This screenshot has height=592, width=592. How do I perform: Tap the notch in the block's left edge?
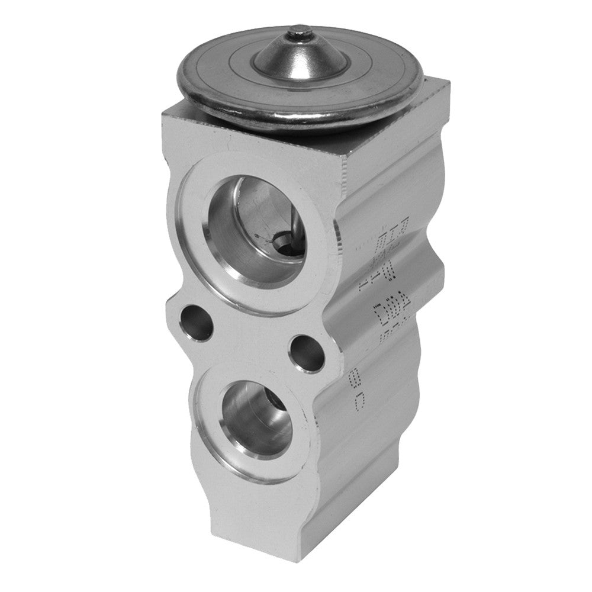tap(171, 308)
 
